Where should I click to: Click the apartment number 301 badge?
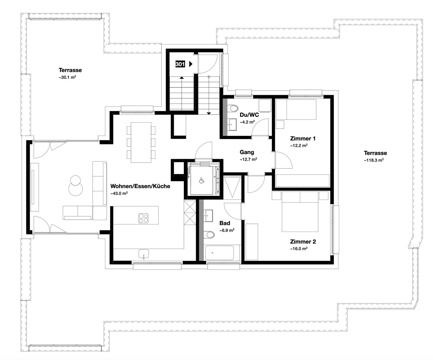180,64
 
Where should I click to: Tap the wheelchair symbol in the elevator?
201,181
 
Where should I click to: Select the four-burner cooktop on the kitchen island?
143,218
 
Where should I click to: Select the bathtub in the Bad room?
219,253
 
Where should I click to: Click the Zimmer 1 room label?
303,138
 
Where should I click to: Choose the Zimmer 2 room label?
303,242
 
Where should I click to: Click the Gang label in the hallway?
247,152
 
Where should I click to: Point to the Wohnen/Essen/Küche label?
140,186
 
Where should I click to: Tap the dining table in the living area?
141,142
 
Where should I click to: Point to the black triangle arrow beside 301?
191,64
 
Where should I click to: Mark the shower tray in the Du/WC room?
265,106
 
